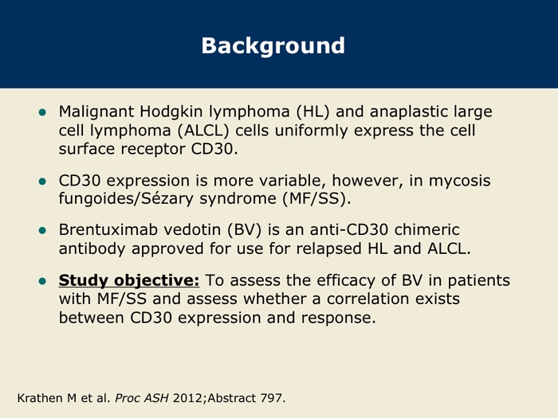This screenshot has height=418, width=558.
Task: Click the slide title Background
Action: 273,46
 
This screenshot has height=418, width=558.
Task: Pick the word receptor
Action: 153,150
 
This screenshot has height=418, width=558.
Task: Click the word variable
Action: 293,181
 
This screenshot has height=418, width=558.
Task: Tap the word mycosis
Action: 459,182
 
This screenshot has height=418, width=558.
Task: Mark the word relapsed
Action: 328,248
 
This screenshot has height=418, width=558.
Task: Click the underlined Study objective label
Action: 129,281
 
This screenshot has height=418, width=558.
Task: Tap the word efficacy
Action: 346,281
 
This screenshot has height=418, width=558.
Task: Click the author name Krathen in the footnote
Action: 41,398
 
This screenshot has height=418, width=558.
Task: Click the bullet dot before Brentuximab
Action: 42,231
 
